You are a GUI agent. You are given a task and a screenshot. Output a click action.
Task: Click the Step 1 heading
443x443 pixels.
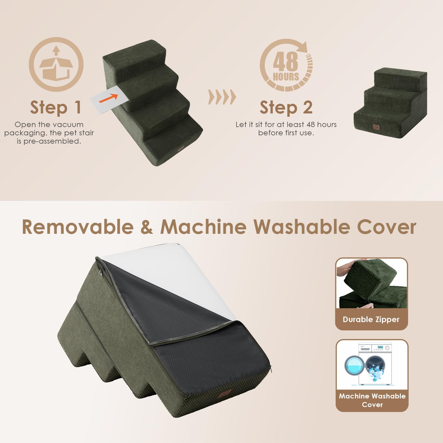pyautogui.click(x=55, y=108)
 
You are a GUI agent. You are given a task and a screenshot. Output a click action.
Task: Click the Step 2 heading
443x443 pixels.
pyautogui.click(x=286, y=108)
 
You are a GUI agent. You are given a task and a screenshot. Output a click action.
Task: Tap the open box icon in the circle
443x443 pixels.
pyautogui.click(x=56, y=65)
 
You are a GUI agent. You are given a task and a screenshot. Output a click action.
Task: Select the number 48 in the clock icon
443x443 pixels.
pyautogui.click(x=285, y=62)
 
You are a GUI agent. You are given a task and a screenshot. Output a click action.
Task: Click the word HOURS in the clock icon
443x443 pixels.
pyautogui.click(x=286, y=77)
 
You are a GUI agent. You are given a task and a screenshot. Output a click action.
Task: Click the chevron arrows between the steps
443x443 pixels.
pyautogui.click(x=222, y=97)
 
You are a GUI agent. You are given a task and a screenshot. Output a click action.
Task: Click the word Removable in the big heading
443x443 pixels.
pyautogui.click(x=77, y=227)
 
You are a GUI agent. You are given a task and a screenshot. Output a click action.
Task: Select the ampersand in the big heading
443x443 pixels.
pyautogui.click(x=147, y=227)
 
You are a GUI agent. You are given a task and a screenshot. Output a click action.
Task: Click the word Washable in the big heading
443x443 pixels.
pyautogui.click(x=302, y=227)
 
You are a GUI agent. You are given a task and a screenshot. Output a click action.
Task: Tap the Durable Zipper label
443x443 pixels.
pyautogui.click(x=371, y=320)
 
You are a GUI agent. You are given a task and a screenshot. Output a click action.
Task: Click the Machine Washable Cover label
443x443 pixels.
pyautogui.click(x=372, y=400)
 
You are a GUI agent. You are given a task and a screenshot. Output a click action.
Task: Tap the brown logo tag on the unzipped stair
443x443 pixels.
pyautogui.click(x=224, y=393)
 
